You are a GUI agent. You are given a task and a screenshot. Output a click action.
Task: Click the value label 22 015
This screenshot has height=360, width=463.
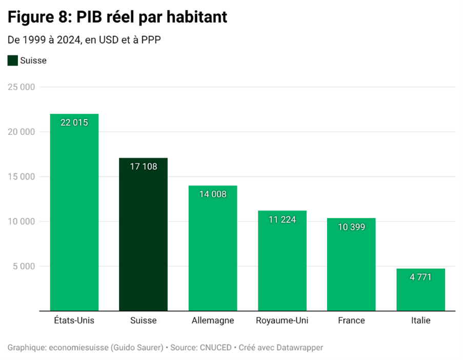click(74, 123)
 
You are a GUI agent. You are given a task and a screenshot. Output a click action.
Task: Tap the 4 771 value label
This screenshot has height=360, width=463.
click(420, 277)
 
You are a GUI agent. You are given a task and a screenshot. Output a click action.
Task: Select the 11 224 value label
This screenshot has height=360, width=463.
click(281, 219)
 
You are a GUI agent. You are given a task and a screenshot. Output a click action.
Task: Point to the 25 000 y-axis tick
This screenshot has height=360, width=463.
click(21, 87)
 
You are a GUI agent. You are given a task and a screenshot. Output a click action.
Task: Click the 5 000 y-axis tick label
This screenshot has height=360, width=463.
click(24, 266)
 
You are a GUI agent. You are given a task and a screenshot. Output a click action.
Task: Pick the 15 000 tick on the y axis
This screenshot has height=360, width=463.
click(21, 177)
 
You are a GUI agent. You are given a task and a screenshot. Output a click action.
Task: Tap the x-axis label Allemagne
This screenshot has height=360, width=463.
click(212, 321)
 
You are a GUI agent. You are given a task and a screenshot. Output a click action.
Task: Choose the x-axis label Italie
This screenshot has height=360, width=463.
click(420, 321)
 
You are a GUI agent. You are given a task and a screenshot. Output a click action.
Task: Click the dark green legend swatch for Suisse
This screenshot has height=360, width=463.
click(13, 61)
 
